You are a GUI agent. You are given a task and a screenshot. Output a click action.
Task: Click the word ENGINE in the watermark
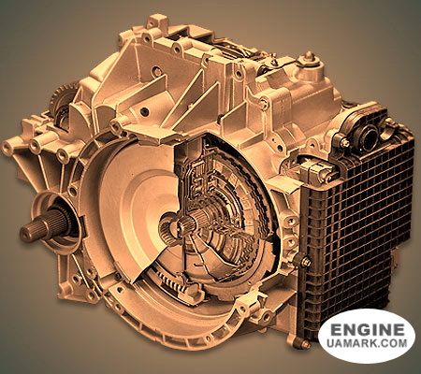(368, 331)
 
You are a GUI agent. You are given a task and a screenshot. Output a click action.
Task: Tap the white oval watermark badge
(368, 336)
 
